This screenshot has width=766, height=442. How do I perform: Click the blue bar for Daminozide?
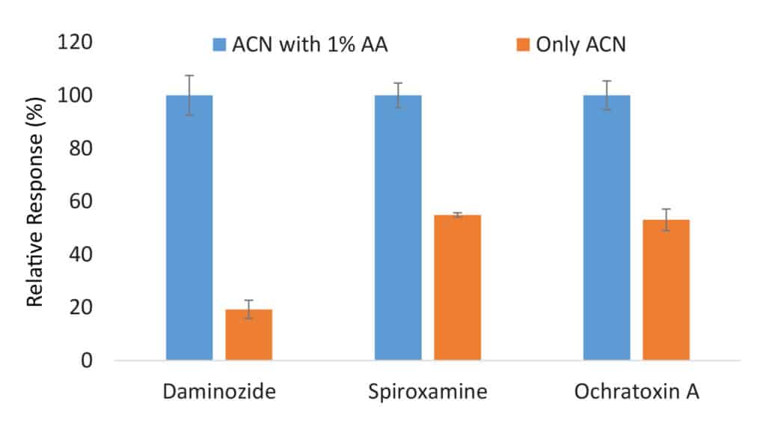click(x=189, y=227)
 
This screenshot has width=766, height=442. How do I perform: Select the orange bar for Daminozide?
click(x=248, y=334)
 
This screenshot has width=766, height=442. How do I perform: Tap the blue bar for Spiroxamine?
click(x=398, y=227)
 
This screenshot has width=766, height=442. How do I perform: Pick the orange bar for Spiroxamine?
click(x=457, y=287)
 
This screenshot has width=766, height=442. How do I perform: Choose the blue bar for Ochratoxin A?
click(x=607, y=227)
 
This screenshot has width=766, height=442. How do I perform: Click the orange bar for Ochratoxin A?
click(x=666, y=289)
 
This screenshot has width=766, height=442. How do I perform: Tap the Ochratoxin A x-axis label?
click(x=636, y=392)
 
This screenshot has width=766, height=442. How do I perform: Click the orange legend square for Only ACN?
click(x=524, y=45)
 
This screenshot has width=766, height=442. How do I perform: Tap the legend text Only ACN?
click(x=580, y=45)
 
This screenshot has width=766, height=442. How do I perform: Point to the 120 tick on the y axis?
click(x=75, y=43)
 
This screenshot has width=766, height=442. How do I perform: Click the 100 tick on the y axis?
click(x=75, y=96)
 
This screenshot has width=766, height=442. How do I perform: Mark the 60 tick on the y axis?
click(x=79, y=201)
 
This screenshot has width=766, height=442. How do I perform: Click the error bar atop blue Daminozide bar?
click(x=189, y=94)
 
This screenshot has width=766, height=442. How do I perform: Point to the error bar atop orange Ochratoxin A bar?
click(x=666, y=219)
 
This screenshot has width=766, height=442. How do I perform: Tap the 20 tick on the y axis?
click(x=79, y=307)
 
